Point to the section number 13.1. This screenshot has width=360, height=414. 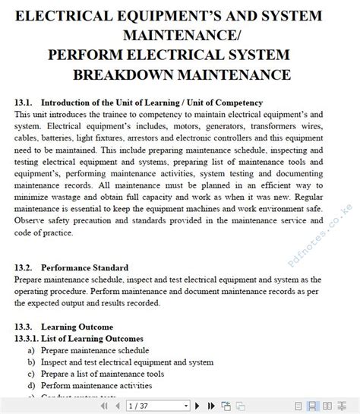click(25, 103)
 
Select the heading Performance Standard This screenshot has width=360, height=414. click(84, 267)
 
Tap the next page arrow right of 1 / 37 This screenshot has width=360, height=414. click(197, 406)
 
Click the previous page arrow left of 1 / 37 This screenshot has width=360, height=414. click(118, 406)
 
